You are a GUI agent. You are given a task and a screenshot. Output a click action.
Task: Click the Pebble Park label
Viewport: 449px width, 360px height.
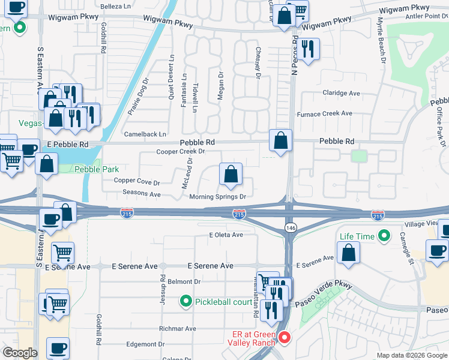click(x=97, y=170)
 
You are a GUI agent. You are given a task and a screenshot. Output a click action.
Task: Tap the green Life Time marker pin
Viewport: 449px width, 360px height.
click(x=384, y=236)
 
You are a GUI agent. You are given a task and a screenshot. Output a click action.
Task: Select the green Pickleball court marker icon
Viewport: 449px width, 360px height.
click(x=186, y=301)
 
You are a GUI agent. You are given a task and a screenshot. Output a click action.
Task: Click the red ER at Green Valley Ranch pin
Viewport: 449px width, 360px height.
click(x=285, y=338)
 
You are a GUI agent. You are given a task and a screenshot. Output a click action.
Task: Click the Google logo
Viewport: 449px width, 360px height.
click(x=19, y=353)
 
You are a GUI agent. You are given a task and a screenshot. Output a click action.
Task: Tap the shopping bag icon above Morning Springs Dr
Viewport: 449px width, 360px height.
click(x=231, y=175)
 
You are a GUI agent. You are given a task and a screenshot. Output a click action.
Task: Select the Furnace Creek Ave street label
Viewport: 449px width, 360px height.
click(x=325, y=113)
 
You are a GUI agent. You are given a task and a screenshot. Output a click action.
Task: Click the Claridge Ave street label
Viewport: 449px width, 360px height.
click(x=341, y=93)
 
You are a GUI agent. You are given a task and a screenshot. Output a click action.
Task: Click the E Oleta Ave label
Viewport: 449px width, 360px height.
click(x=226, y=235)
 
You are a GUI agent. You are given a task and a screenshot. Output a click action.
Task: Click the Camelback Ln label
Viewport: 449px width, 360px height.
click(x=145, y=134)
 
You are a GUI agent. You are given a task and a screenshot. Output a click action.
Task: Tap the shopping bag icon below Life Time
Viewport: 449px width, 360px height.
click(x=349, y=253)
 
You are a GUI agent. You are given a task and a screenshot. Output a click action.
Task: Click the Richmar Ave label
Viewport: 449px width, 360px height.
click(x=178, y=329)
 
